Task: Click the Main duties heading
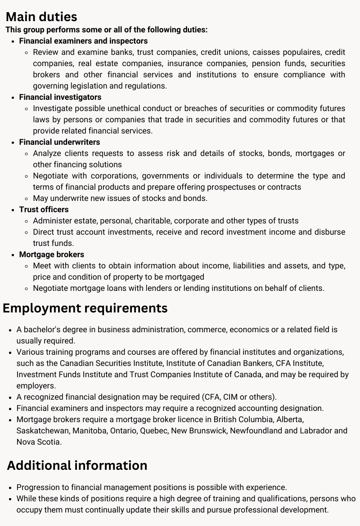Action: [41, 17]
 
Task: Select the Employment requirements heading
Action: [85, 308]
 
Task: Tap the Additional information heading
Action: [77, 465]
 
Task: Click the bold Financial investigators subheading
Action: [60, 97]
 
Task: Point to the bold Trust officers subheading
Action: [44, 210]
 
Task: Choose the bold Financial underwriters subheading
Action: [59, 142]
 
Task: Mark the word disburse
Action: [328, 232]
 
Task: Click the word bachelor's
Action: [43, 330]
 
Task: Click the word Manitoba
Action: [90, 431]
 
